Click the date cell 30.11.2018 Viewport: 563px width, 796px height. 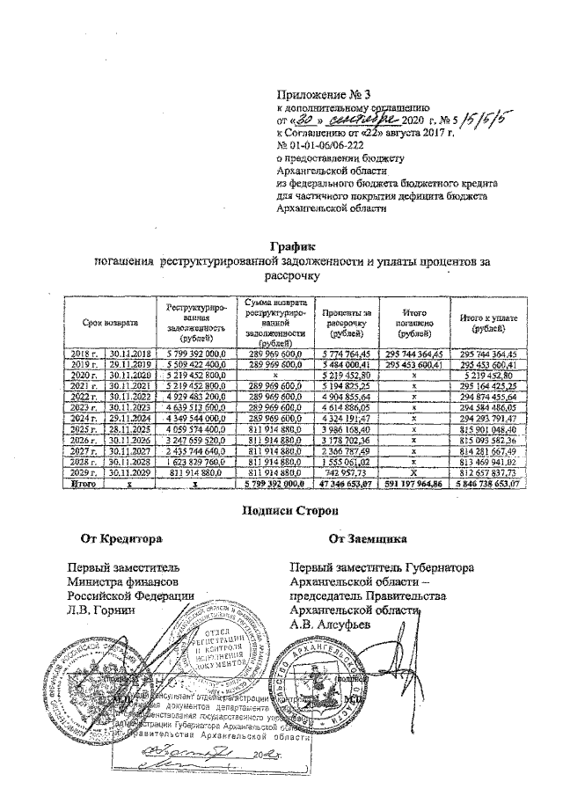(x=128, y=353)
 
